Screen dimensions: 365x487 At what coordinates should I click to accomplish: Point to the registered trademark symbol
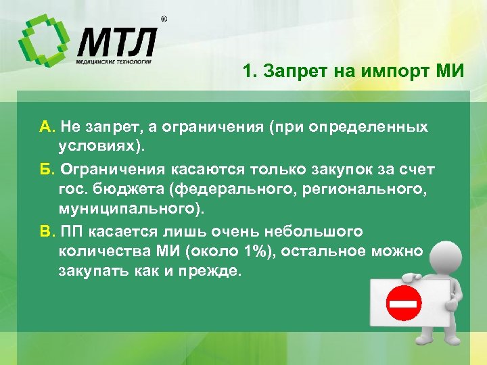point(164,20)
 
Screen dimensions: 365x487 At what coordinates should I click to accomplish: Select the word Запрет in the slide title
point(289,71)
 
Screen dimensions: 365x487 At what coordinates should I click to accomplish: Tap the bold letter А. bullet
point(48,127)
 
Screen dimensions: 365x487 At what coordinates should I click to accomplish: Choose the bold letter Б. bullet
point(48,168)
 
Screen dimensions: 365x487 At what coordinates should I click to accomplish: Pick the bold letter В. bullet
point(48,231)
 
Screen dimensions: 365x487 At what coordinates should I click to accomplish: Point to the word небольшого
point(314,231)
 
